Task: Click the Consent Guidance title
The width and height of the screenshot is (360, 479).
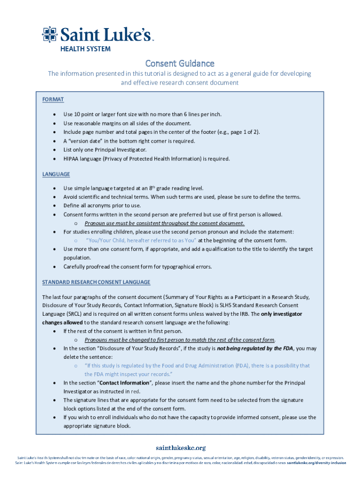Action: tap(180, 63)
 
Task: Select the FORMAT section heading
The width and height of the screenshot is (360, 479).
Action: tap(53, 100)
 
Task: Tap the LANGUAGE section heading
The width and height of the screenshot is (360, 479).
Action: tap(56, 174)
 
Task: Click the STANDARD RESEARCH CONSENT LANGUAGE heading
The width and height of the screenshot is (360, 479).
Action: tap(96, 282)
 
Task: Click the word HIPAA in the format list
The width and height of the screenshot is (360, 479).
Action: tap(72, 159)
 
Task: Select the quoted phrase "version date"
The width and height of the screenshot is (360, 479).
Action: tap(85, 141)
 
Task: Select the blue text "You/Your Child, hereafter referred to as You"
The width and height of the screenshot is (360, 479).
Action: tap(141, 240)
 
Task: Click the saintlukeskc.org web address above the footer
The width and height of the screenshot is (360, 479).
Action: tap(180, 448)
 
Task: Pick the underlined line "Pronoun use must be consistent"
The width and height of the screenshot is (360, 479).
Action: tap(164, 223)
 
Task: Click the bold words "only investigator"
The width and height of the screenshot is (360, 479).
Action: tap(281, 314)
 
